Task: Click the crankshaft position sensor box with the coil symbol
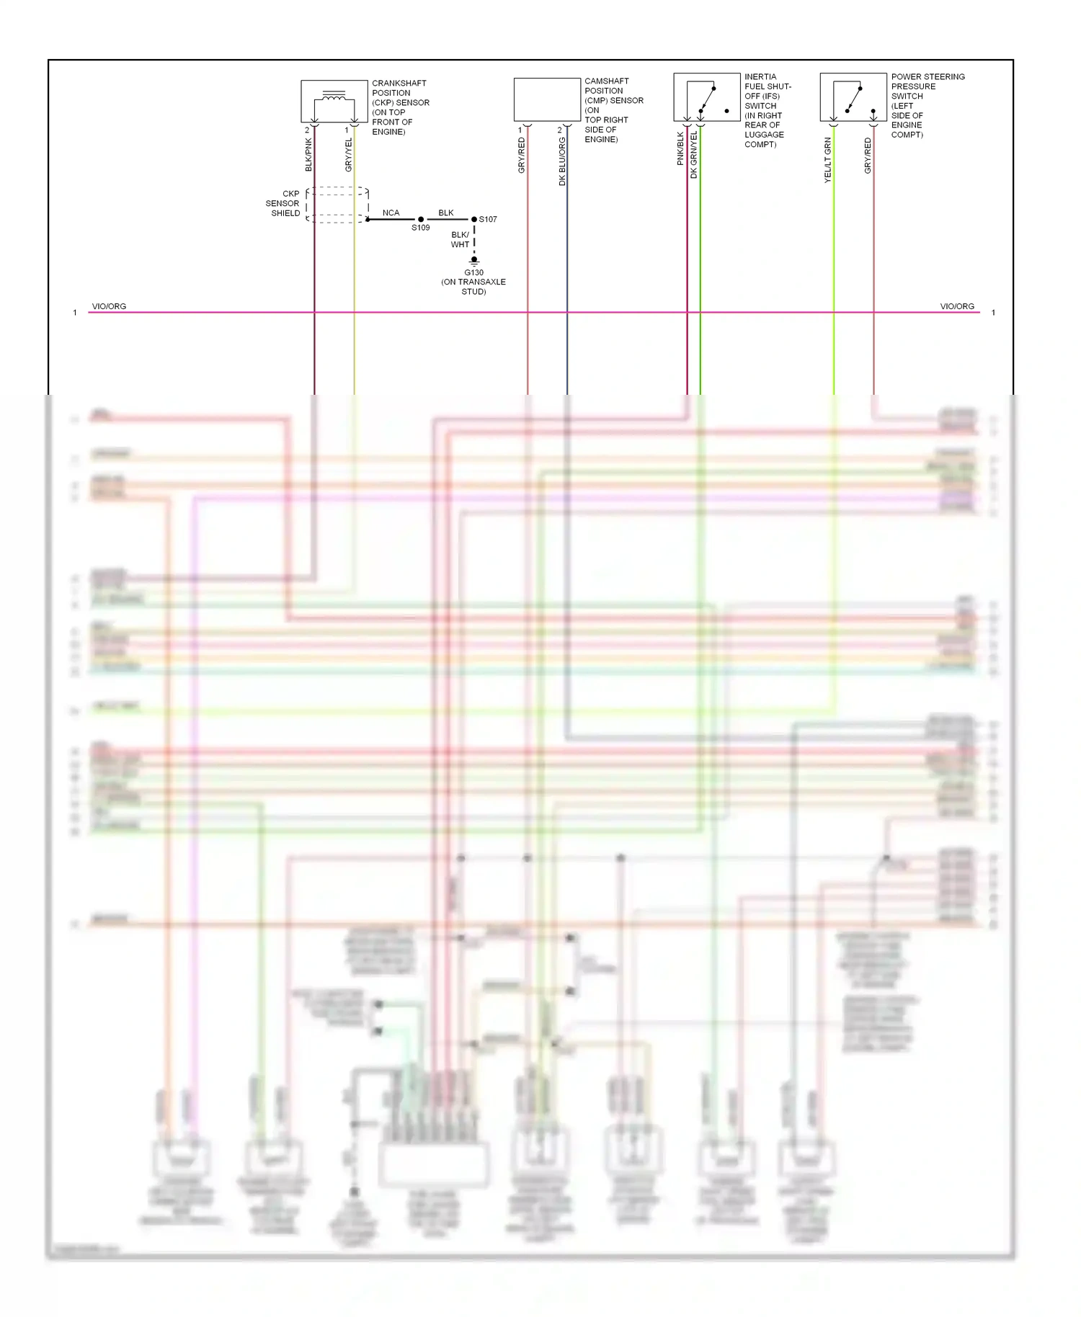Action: (334, 101)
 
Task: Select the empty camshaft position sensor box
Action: (547, 99)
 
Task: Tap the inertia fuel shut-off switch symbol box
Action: (706, 97)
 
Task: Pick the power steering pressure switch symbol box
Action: (853, 97)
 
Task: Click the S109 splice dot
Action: (421, 219)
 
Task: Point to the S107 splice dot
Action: (473, 219)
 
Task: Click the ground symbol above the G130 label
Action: (473, 261)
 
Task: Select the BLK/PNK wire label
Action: (308, 154)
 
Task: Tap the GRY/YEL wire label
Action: (348, 154)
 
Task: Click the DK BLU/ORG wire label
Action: (562, 161)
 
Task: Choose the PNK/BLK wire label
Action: (680, 148)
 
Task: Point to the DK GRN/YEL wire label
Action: (694, 155)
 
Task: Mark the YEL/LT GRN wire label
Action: (827, 160)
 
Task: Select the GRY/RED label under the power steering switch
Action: (868, 156)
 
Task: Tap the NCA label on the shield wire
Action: (391, 213)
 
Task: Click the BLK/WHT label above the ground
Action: (460, 239)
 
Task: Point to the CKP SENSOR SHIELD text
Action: (283, 203)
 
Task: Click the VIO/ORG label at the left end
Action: (109, 306)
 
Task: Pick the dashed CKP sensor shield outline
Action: (337, 205)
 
